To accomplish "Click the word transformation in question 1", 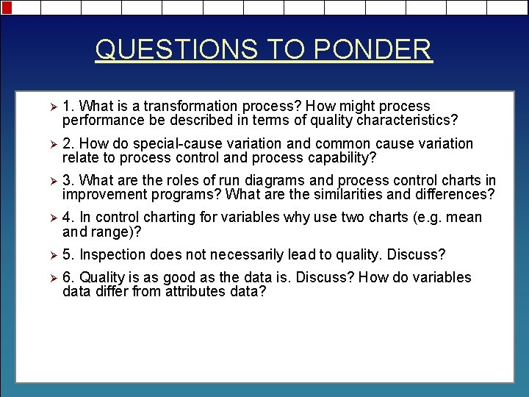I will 190,107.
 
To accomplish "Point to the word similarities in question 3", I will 348,195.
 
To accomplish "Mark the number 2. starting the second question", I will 68,143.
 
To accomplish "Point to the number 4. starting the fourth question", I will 68,218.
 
